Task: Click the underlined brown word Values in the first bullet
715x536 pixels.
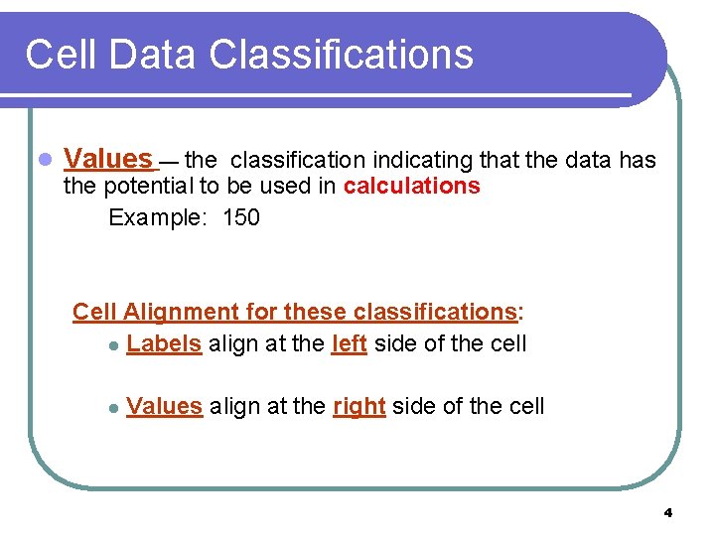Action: tap(107, 159)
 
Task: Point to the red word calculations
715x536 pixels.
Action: tap(412, 187)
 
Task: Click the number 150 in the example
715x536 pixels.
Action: tap(241, 217)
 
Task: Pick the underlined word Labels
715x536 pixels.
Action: tap(165, 344)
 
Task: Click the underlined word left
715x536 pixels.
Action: tap(349, 344)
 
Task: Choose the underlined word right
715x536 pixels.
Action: tap(358, 406)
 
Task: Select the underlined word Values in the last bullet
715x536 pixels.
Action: tap(165, 406)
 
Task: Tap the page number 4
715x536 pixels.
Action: tap(667, 513)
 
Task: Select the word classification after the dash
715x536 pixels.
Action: tap(298, 159)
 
